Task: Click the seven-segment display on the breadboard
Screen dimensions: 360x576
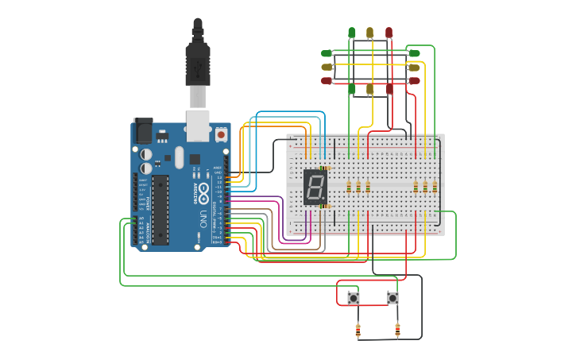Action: click(315, 188)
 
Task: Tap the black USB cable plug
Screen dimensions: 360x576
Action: click(197, 64)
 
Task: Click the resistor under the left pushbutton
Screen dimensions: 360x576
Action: click(358, 330)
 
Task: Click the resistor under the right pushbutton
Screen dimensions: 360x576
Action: click(397, 330)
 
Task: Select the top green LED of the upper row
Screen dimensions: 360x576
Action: click(351, 33)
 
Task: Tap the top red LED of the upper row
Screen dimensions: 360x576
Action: click(389, 33)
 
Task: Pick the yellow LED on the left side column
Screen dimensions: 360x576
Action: click(327, 68)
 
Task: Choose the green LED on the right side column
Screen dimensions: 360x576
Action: click(414, 53)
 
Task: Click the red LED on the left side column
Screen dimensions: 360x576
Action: click(327, 81)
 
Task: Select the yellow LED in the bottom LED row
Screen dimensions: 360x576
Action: click(370, 89)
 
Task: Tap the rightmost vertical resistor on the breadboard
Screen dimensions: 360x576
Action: click(435, 187)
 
